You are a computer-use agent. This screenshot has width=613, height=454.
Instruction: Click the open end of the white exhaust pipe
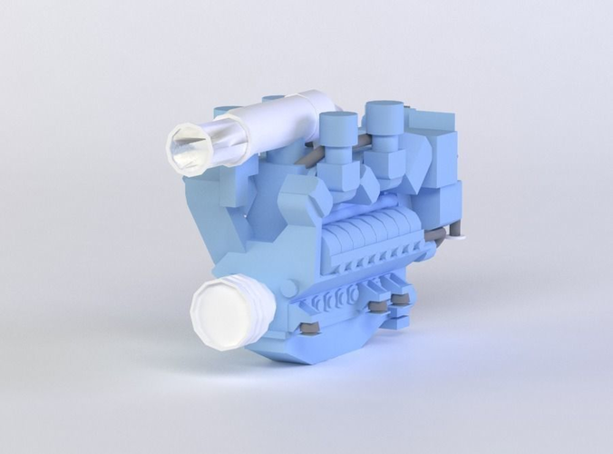[x=188, y=150]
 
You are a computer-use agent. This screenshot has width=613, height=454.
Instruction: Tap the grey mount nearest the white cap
[x=308, y=325]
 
